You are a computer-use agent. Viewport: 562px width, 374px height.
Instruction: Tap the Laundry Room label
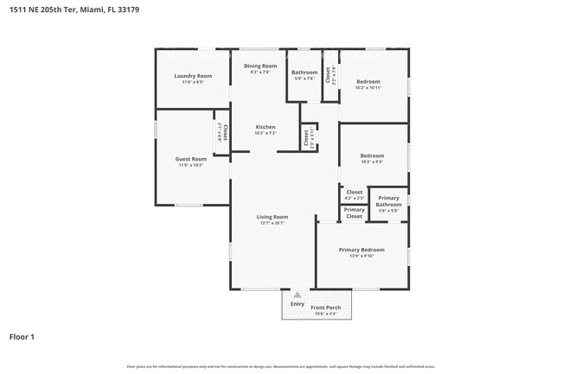(192, 76)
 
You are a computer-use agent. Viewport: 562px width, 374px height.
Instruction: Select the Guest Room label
(192, 159)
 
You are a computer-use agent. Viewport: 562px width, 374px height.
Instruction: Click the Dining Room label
(260, 67)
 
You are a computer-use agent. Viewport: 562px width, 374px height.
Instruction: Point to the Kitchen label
(265, 127)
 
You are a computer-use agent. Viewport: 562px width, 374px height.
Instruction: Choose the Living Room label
(272, 217)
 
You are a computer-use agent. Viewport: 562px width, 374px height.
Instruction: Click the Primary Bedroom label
(361, 250)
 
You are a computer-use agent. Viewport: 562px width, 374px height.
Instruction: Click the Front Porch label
(326, 307)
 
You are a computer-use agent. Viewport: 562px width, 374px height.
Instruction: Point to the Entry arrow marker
(297, 295)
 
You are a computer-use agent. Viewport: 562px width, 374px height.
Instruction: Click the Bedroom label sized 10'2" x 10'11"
(367, 81)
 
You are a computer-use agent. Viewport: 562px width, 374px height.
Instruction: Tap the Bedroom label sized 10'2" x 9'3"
(373, 156)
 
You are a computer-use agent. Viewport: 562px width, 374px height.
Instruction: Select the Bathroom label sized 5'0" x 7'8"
(304, 73)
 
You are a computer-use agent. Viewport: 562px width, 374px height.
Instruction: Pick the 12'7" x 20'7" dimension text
(272, 223)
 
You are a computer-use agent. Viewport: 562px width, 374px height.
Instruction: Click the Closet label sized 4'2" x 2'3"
(354, 193)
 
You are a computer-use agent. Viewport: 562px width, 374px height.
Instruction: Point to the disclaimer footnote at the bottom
(281, 366)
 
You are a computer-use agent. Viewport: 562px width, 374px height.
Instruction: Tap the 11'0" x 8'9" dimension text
(192, 82)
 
